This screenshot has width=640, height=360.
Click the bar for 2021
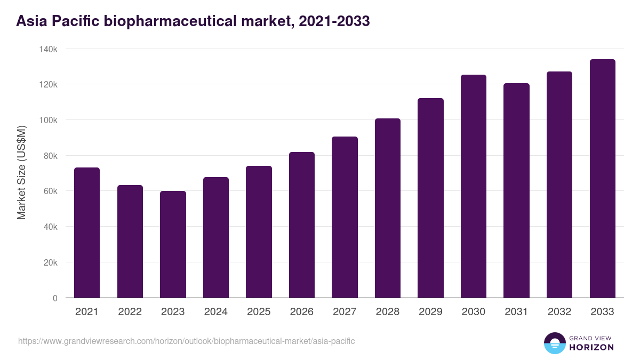click(87, 233)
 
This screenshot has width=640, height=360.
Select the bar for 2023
click(173, 244)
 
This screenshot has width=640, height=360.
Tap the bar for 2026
click(302, 225)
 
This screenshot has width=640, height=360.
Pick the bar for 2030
click(474, 186)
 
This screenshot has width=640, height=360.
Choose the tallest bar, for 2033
click(603, 178)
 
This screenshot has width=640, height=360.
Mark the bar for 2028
click(388, 208)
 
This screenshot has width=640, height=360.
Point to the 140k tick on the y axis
click(49, 49)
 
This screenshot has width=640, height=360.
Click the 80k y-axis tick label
click(50, 156)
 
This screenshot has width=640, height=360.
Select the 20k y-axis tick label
click(50, 262)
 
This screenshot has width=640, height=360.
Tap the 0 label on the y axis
click(55, 298)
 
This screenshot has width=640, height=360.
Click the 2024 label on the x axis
click(215, 312)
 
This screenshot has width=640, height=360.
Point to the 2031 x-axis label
click(516, 312)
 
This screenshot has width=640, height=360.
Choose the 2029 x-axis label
click(430, 312)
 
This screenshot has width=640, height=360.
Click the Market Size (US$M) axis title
click(21, 173)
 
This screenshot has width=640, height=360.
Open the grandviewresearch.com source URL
click(186, 341)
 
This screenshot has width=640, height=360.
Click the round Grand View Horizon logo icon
click(555, 343)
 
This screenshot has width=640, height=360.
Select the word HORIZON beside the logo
click(591, 347)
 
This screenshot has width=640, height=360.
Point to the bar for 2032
click(559, 185)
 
